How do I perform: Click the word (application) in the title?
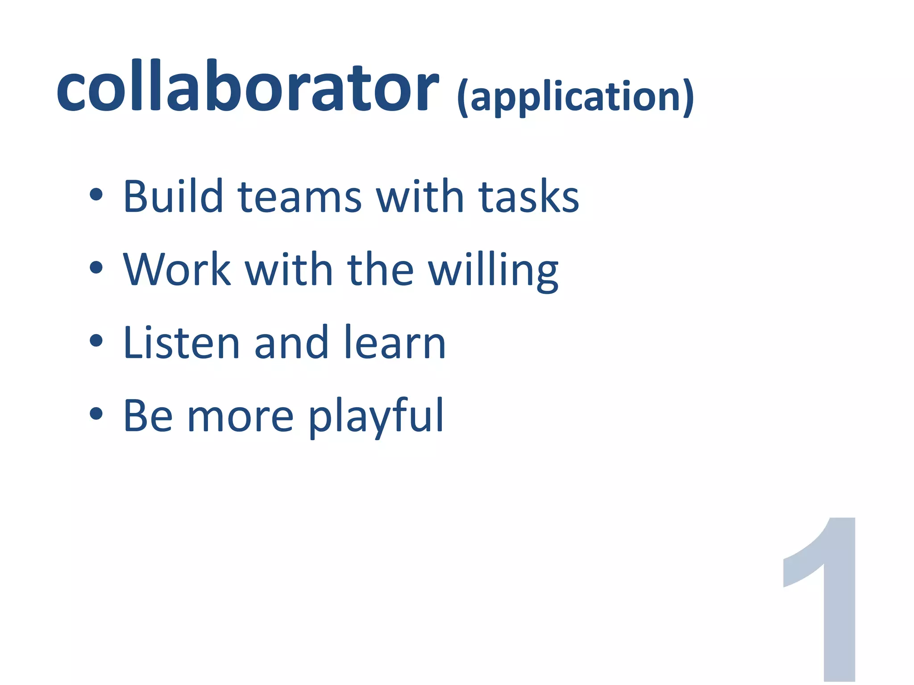pyautogui.click(x=575, y=97)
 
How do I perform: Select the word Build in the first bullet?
pyautogui.click(x=173, y=196)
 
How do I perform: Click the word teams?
pyautogui.click(x=299, y=197)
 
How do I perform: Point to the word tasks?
pyautogui.click(x=528, y=197)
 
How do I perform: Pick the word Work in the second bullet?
pyautogui.click(x=177, y=269)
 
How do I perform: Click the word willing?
pyautogui.click(x=493, y=270)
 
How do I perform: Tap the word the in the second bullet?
pyautogui.click(x=380, y=269)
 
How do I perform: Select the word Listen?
pyautogui.click(x=182, y=342)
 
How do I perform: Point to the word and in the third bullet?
pyautogui.click(x=291, y=342)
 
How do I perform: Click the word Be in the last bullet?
pyautogui.click(x=148, y=416)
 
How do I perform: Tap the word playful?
pyautogui.click(x=376, y=417)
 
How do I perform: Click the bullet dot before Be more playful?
pyautogui.click(x=96, y=414)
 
